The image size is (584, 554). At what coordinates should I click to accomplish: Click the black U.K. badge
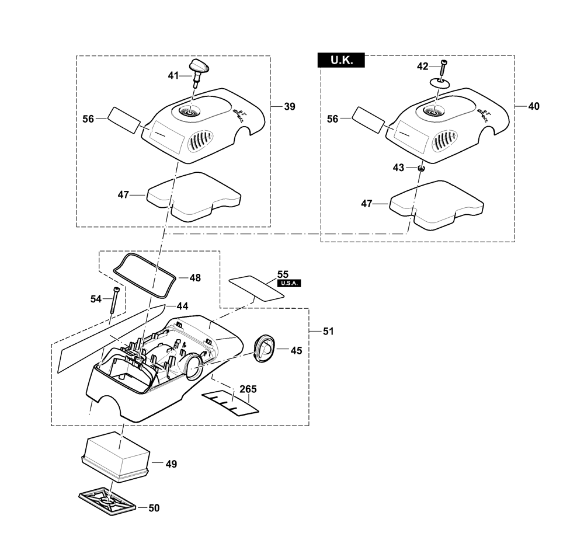[341, 60]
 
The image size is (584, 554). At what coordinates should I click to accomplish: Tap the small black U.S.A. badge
[289, 283]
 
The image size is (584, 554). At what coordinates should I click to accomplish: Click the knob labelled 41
[199, 71]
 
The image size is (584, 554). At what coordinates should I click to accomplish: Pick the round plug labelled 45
[265, 349]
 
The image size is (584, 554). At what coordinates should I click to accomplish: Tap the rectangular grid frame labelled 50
[107, 503]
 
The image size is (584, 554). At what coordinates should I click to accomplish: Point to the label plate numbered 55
[256, 288]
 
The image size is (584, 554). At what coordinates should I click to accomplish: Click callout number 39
[290, 106]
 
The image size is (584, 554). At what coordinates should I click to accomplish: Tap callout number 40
[534, 106]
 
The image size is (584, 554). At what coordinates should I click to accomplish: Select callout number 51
[328, 331]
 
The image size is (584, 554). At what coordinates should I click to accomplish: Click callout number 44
[182, 306]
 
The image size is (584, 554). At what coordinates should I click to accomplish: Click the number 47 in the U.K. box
[367, 203]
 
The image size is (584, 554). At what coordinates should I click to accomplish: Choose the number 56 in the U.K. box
[333, 119]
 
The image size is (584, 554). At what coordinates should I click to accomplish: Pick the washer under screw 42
[439, 82]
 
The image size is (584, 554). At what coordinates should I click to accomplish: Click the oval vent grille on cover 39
[201, 141]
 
